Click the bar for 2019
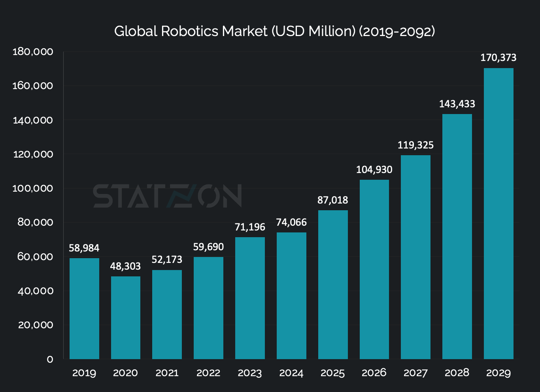tap(84, 308)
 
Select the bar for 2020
tap(126, 318)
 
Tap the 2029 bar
tap(498, 213)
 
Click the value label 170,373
tap(498, 58)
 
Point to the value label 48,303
tap(125, 266)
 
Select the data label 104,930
tap(374, 170)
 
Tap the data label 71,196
tap(250, 227)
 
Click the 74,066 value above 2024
tap(291, 223)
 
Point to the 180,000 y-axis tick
tap(33, 52)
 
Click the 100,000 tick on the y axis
tap(33, 188)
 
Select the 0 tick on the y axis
tap(50, 360)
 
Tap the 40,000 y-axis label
tap(35, 291)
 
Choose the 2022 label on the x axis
tap(208, 373)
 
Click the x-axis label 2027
tap(415, 373)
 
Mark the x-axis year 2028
tap(457, 373)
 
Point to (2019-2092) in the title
tap(397, 31)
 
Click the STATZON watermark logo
tap(167, 196)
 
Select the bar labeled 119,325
tap(415, 257)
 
